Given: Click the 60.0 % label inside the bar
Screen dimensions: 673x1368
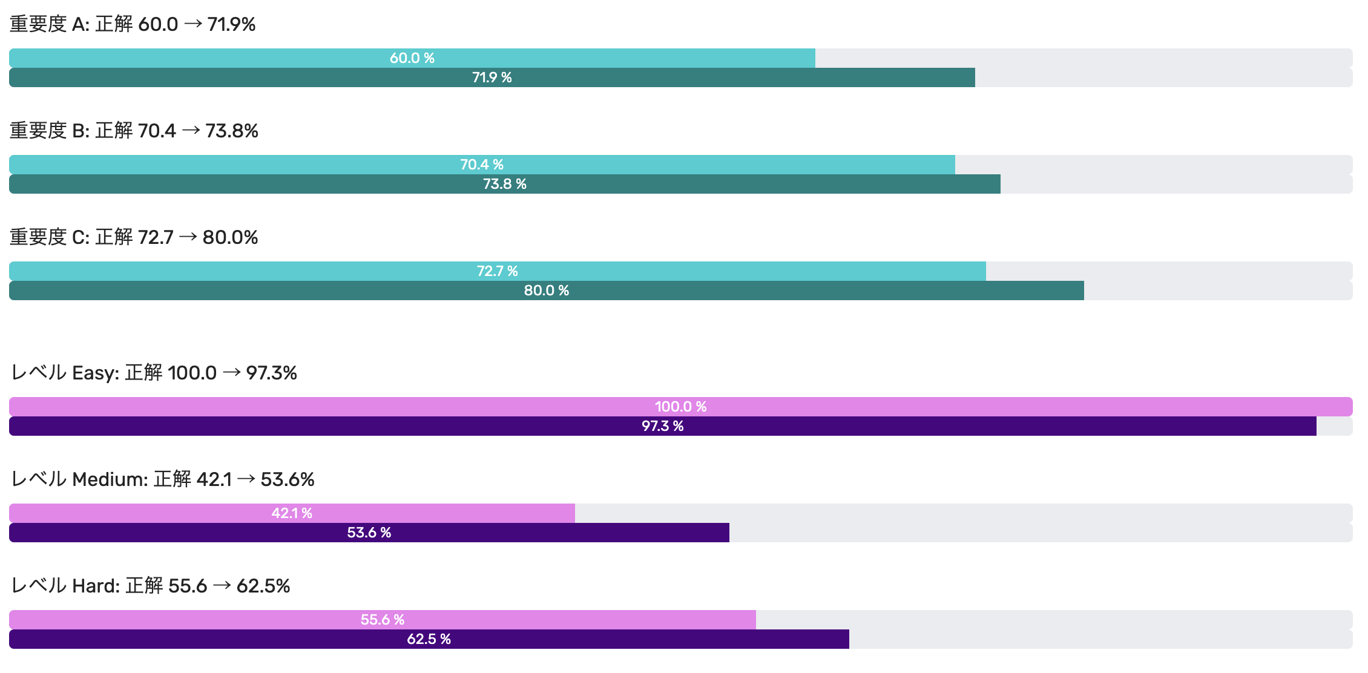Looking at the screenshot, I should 412,58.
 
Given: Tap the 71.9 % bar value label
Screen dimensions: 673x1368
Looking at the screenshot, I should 492,77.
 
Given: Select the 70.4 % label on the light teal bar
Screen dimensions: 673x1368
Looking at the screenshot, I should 482,165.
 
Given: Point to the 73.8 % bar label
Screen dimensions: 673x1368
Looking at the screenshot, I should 505,184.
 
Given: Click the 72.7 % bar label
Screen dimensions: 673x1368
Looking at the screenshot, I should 498,271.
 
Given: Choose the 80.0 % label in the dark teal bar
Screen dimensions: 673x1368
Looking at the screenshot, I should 547,291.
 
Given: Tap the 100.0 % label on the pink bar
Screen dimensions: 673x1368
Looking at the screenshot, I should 681,407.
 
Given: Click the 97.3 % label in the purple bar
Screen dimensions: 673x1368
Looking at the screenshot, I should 663,426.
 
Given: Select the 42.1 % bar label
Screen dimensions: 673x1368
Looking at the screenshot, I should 292,513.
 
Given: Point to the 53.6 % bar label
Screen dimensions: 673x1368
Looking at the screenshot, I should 369,533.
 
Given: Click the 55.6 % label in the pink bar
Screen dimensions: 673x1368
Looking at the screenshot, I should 383,620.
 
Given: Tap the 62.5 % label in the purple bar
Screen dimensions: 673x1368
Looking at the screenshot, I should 429,639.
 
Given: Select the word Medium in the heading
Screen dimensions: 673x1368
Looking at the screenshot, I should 110,479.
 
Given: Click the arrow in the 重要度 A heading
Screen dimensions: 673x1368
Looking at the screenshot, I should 193,24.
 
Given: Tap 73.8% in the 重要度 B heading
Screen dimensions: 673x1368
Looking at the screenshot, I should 232,131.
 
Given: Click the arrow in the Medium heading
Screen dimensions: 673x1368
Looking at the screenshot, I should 246,479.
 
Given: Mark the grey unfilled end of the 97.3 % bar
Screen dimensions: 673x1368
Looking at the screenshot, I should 1334,426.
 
